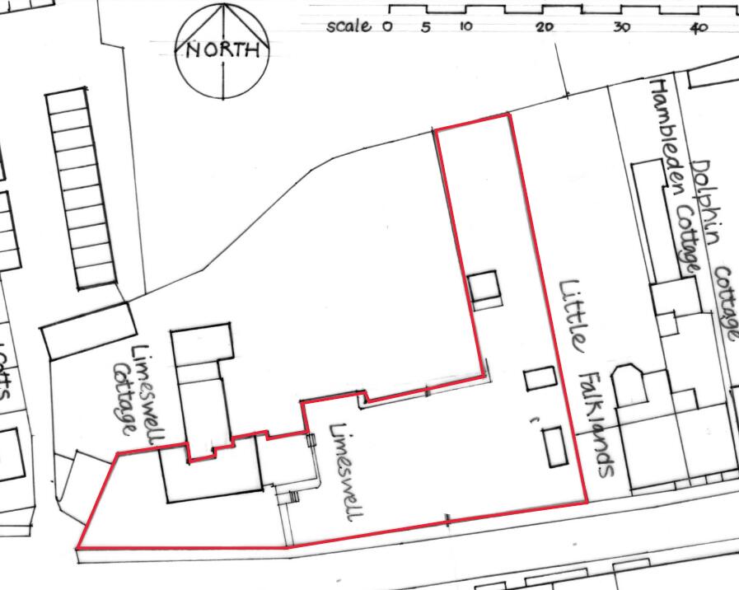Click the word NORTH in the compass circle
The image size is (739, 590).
pyautogui.click(x=223, y=50)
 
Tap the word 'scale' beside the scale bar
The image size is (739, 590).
pyautogui.click(x=348, y=26)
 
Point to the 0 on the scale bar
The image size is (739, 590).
pyautogui.click(x=387, y=26)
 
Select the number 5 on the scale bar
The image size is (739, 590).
pyautogui.click(x=426, y=26)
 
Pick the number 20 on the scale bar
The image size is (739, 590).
pyautogui.click(x=544, y=27)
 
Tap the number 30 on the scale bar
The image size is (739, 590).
pyautogui.click(x=621, y=27)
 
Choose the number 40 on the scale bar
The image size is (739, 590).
pyautogui.click(x=699, y=27)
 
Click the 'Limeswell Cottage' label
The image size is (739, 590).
pyautogui.click(x=135, y=391)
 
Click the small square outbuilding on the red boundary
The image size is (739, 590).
pyautogui.click(x=484, y=288)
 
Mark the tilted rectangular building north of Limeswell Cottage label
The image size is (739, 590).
pyautogui.click(x=88, y=330)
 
